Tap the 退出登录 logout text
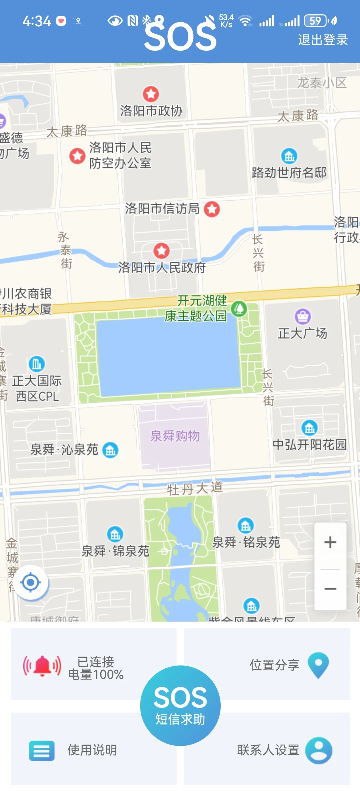coord(323,40)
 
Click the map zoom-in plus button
coord(330,542)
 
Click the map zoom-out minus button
coord(330,589)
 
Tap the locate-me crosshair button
coord(31,583)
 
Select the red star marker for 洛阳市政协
coord(151,94)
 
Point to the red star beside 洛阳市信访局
coord(212,209)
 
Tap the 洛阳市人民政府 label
coord(162,268)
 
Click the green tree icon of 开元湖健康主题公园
coord(239,309)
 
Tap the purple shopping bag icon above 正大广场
coord(303,316)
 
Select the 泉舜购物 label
coord(175,436)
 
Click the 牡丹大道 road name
coord(195,489)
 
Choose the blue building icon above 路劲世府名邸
coord(289,156)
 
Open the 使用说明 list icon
coord(42,751)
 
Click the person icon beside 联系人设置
coord(319,750)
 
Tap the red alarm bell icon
coord(42,666)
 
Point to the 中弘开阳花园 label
coord(310,445)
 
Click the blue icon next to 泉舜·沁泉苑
coord(110,450)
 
